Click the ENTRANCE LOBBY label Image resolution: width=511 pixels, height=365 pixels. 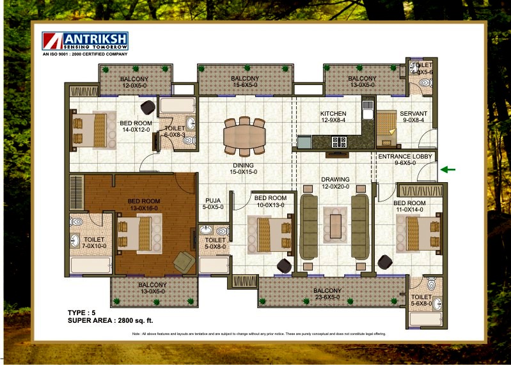405,160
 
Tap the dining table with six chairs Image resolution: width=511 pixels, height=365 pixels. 244,136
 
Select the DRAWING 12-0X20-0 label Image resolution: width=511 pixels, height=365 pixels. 336,183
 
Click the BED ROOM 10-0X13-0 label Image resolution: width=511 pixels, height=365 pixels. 270,202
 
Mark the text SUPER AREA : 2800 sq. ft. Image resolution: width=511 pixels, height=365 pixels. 110,320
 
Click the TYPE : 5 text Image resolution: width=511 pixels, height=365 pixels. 82,312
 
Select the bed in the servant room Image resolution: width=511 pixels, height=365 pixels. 386,123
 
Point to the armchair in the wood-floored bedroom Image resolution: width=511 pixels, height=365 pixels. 185,261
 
